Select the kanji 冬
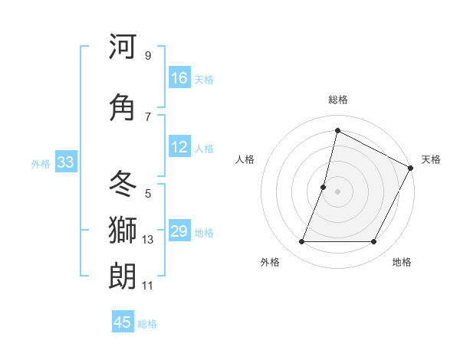[123, 182]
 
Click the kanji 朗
[123, 276]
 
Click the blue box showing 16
[179, 78]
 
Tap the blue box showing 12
[179, 147]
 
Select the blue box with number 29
[179, 231]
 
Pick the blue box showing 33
[65, 162]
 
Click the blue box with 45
[123, 322]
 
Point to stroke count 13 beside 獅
[148, 240]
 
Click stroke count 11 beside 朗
[147, 286]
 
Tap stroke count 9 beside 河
[147, 56]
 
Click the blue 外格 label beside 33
[41, 163]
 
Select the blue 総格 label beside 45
[147, 323]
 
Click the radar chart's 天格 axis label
[431, 159]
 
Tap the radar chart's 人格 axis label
[245, 159]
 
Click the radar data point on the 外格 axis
[301, 242]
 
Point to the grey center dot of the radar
[337, 191]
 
